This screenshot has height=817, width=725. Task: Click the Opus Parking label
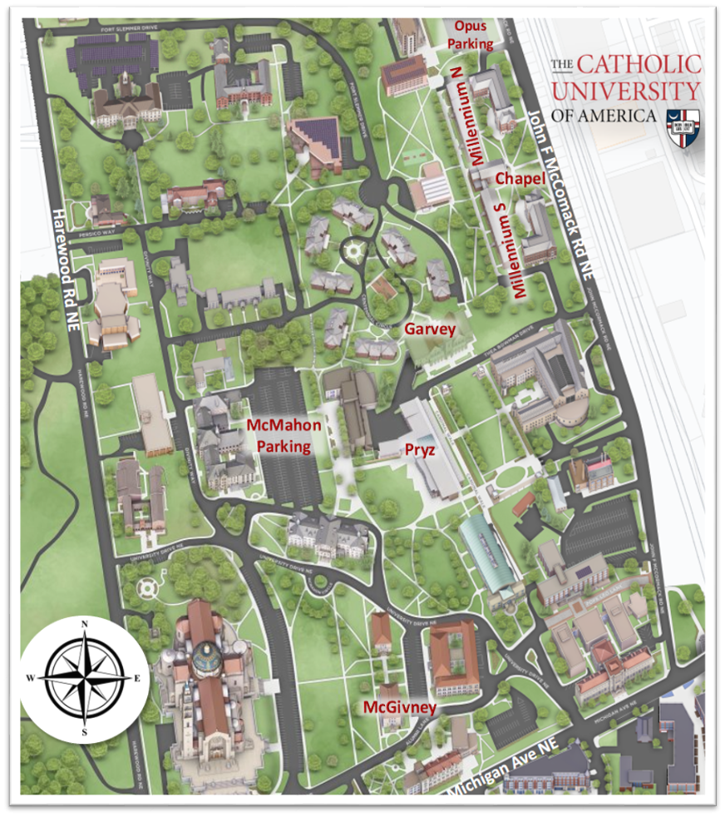tap(471, 35)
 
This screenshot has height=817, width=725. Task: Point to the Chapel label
tap(520, 179)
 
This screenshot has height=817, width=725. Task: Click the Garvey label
tap(430, 329)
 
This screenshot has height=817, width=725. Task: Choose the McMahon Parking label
tap(283, 435)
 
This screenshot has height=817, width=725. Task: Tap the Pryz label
tap(420, 448)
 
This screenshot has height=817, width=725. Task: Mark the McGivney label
tap(400, 706)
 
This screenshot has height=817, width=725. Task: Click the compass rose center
tap(84, 676)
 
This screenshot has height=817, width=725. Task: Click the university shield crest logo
tap(683, 127)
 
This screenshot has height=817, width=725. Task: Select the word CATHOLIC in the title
tap(639, 65)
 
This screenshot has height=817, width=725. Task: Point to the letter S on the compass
tap(84, 731)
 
